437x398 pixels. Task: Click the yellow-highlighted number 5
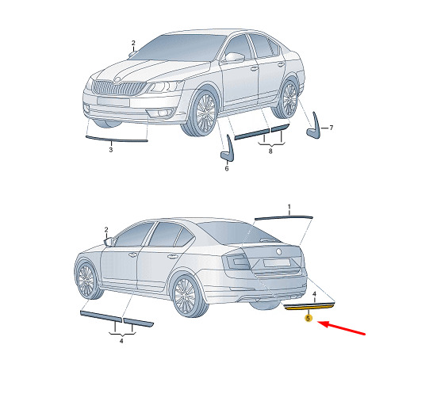308,318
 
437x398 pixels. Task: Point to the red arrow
341,328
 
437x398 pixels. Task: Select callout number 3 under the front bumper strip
111,150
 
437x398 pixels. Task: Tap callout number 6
227,169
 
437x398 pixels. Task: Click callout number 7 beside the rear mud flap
331,128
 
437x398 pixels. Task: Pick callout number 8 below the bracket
270,151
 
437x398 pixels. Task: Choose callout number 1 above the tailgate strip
289,207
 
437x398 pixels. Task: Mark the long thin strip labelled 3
117,139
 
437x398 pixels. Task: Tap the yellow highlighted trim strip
309,308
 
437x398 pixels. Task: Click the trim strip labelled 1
284,217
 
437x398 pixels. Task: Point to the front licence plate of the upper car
113,101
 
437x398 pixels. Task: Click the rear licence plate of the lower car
277,262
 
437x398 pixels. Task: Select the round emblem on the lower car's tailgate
279,251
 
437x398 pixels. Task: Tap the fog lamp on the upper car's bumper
162,113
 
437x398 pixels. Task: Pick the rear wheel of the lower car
187,296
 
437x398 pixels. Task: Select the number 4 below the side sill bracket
121,341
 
